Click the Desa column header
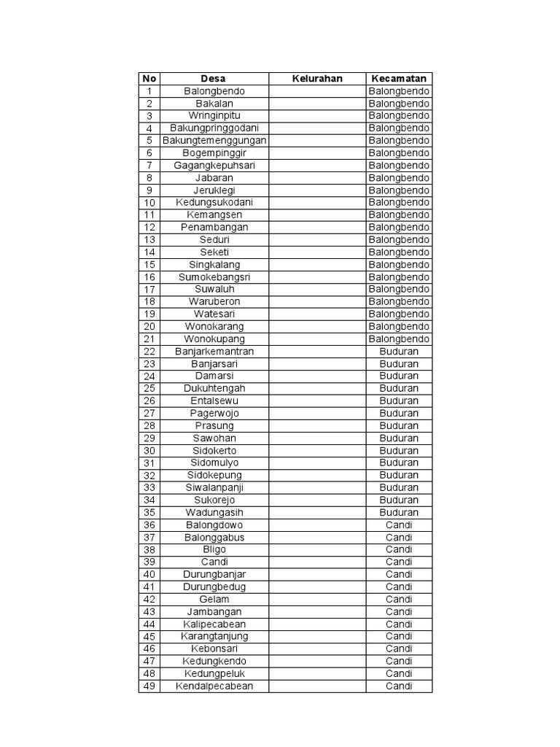click(214, 79)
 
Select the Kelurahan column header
click(317, 79)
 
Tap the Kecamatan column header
click(399, 79)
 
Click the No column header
click(149, 79)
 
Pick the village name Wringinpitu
click(214, 116)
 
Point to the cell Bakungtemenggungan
click(214, 141)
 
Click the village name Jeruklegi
click(214, 190)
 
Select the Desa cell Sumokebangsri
click(214, 277)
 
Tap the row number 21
click(149, 339)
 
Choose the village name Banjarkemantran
click(214, 352)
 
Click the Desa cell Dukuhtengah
click(214, 389)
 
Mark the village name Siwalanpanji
click(214, 487)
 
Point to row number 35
click(149, 512)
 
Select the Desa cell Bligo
click(214, 549)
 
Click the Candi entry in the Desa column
click(214, 562)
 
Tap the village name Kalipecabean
click(214, 624)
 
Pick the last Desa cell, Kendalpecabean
click(214, 686)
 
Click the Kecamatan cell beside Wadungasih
click(399, 512)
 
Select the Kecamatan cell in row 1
click(399, 91)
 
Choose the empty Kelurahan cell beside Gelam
click(317, 599)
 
